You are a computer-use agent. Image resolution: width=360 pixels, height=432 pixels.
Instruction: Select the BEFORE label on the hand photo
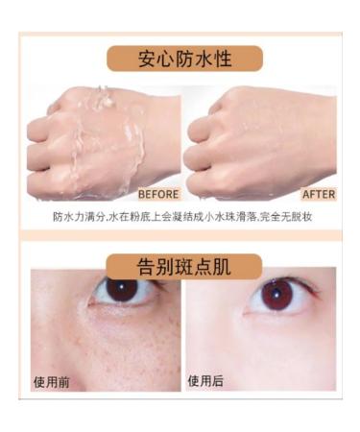157,194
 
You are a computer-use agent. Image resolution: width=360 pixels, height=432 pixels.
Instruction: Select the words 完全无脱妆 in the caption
289,217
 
